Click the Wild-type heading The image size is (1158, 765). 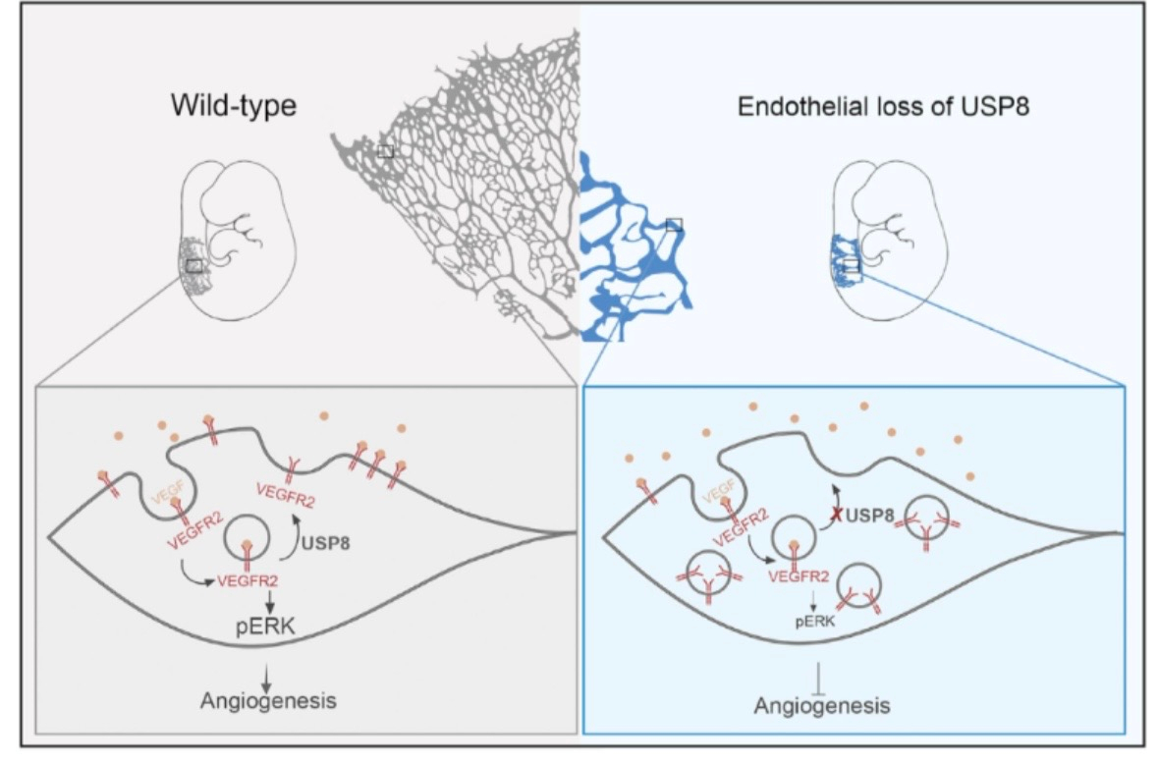(x=233, y=104)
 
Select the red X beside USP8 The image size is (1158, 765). (x=834, y=514)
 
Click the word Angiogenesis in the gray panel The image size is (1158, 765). (x=268, y=701)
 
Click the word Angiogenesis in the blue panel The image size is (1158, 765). (x=822, y=705)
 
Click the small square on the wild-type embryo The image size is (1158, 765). (x=194, y=265)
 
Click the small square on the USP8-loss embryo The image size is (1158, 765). (x=851, y=265)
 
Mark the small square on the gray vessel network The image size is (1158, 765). (x=385, y=150)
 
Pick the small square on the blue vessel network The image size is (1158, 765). (x=674, y=225)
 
